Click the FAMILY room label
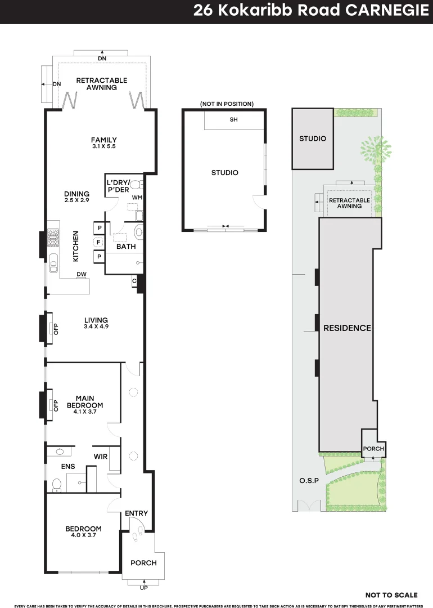(104, 140)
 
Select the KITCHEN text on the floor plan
(75, 246)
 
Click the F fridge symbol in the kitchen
(99, 242)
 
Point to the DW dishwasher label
(81, 274)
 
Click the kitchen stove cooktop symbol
(53, 238)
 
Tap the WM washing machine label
(137, 198)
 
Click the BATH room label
(125, 247)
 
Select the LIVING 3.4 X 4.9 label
(96, 323)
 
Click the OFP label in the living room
(56, 329)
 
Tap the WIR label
(101, 457)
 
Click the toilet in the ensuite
(56, 484)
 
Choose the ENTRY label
(137, 513)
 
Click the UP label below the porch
(143, 588)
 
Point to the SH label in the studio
(233, 120)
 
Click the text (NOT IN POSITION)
(227, 104)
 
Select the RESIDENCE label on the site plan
(347, 328)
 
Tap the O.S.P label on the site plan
(308, 481)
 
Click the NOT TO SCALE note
(391, 595)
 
